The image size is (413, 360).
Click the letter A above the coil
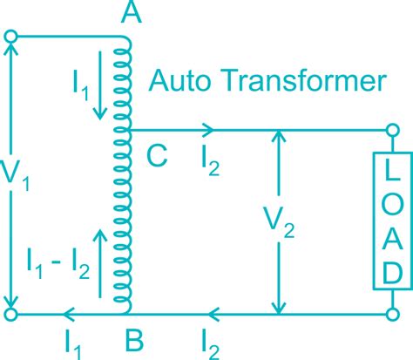coord(133,15)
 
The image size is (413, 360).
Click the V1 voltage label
coord(33,177)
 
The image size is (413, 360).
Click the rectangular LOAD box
coord(391,220)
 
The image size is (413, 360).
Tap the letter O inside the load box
coord(391,203)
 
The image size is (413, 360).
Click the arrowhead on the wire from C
coord(208,130)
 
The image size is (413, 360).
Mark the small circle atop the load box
coord(392,131)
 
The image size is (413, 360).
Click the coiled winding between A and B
coord(126,174)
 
